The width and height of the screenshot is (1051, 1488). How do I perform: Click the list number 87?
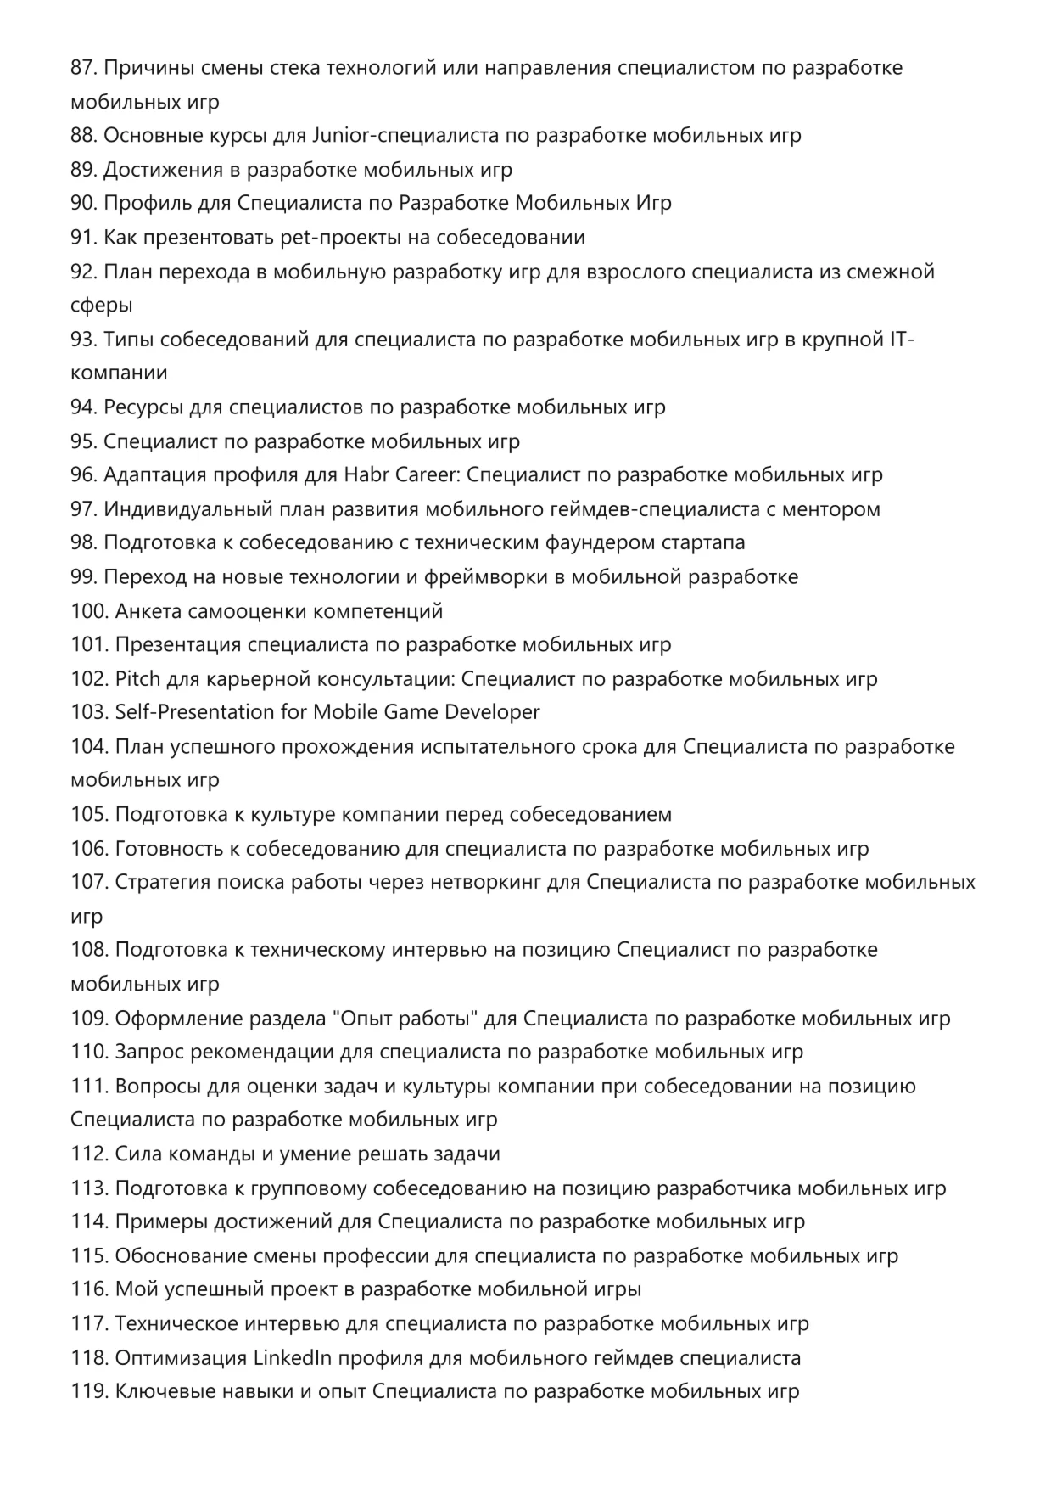83,68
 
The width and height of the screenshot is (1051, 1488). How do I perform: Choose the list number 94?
83,407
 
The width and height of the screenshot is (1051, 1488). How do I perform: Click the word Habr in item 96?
366,475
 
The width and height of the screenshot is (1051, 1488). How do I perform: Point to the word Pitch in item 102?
137,679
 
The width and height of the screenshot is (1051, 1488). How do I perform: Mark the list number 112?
88,1154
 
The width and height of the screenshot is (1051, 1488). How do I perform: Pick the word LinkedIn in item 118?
293,1358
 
